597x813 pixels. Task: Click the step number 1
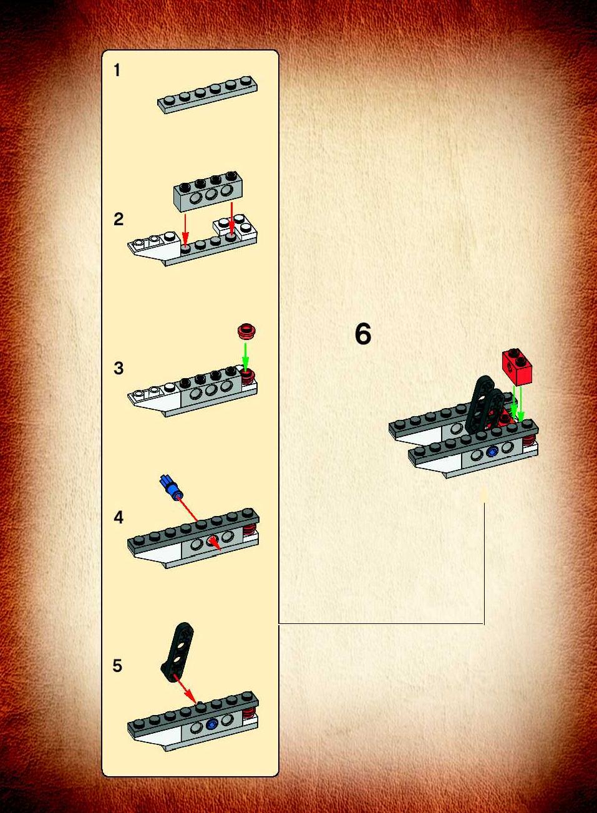click(x=117, y=70)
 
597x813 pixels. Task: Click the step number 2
click(x=119, y=219)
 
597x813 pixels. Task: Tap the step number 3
click(x=119, y=368)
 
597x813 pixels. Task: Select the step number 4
click(x=119, y=517)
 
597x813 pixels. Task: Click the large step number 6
click(x=363, y=334)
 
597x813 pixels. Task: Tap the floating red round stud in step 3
click(x=248, y=330)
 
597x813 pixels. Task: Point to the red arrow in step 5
click(x=185, y=687)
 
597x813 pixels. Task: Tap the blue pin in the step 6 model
click(x=492, y=452)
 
